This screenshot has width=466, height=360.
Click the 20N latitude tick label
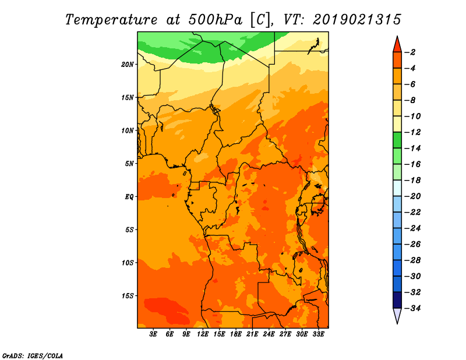click(128, 65)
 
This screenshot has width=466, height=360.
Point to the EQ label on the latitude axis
click(129, 197)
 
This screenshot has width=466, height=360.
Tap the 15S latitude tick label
click(128, 296)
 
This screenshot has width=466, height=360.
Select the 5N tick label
click(129, 164)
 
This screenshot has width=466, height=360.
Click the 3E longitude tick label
click(153, 334)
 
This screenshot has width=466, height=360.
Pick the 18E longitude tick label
click(236, 334)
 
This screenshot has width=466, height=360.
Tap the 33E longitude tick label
click(318, 334)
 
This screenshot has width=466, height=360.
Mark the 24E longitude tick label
click(269, 334)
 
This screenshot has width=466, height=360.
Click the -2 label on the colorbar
click(411, 52)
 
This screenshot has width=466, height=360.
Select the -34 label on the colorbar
click(413, 308)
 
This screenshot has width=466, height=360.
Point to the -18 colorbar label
click(413, 181)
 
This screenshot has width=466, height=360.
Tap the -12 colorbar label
click(413, 132)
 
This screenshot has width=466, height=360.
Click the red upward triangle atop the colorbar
click(397, 45)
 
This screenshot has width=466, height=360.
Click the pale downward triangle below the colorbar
click(397, 315)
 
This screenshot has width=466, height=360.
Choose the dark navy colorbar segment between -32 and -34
click(397, 300)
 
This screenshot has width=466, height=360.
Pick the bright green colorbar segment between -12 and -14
click(397, 140)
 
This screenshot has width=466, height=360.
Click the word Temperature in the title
click(111, 20)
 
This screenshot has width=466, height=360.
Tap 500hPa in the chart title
click(216, 20)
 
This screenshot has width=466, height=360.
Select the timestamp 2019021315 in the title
click(357, 20)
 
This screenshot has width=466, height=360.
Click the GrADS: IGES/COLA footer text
click(33, 356)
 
